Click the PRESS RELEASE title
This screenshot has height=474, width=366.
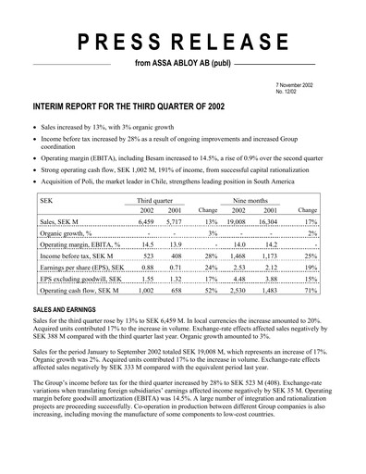[x=183, y=42]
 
